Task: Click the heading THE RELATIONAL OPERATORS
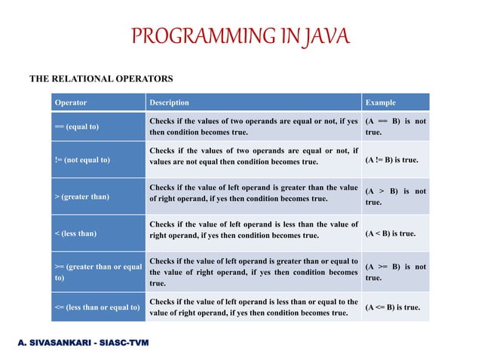(x=101, y=78)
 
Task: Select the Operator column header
(x=70, y=102)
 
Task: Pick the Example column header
(x=380, y=102)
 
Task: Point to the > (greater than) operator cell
(x=81, y=197)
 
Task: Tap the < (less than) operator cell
(x=75, y=233)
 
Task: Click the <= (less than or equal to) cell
(x=97, y=307)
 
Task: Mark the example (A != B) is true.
(x=391, y=160)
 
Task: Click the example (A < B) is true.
(x=390, y=233)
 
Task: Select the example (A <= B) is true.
(x=392, y=307)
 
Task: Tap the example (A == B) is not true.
(x=395, y=127)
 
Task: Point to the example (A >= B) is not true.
(x=395, y=272)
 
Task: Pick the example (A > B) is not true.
(x=395, y=197)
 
